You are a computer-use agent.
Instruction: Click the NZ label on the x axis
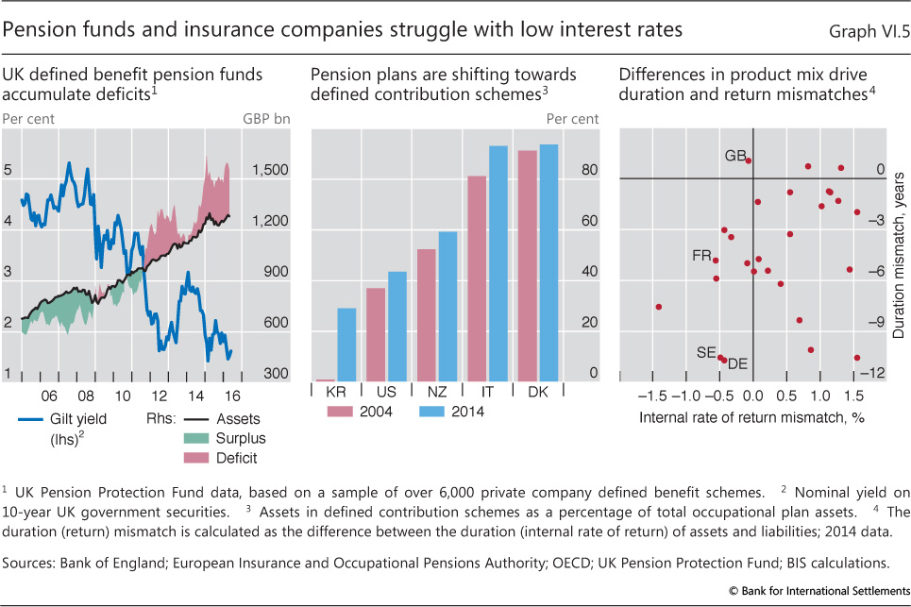coord(437,392)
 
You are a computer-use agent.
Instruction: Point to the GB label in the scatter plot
coord(734,155)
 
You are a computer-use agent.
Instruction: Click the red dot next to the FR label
coord(716,261)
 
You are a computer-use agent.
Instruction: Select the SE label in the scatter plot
coord(705,352)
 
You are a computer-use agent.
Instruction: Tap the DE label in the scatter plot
coord(738,363)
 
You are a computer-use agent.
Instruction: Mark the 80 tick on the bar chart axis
coord(588,171)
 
